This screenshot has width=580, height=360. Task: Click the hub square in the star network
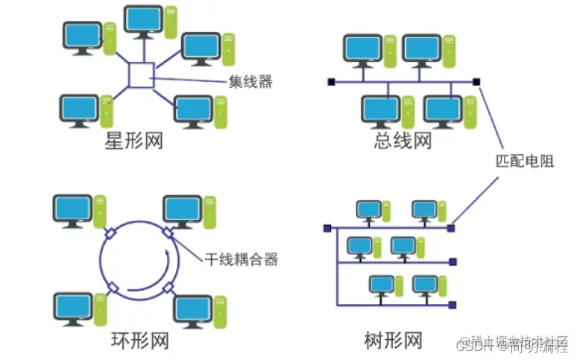(141, 75)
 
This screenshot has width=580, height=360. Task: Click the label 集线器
(250, 82)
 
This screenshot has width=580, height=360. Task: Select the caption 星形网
(133, 141)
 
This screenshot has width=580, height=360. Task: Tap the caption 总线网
(403, 140)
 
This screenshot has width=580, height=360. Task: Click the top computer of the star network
(145, 20)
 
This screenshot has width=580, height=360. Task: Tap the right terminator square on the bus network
(477, 81)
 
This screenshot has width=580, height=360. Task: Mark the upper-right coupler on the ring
(168, 234)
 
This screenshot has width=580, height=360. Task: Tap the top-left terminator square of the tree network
(327, 228)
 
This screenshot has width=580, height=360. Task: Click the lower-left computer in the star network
(81, 110)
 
